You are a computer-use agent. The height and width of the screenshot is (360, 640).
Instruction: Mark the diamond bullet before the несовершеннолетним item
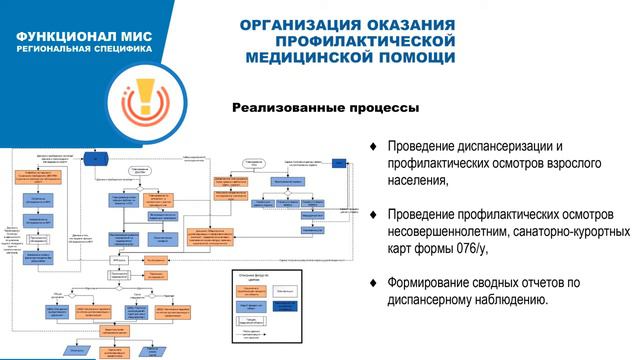point(373,215)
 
